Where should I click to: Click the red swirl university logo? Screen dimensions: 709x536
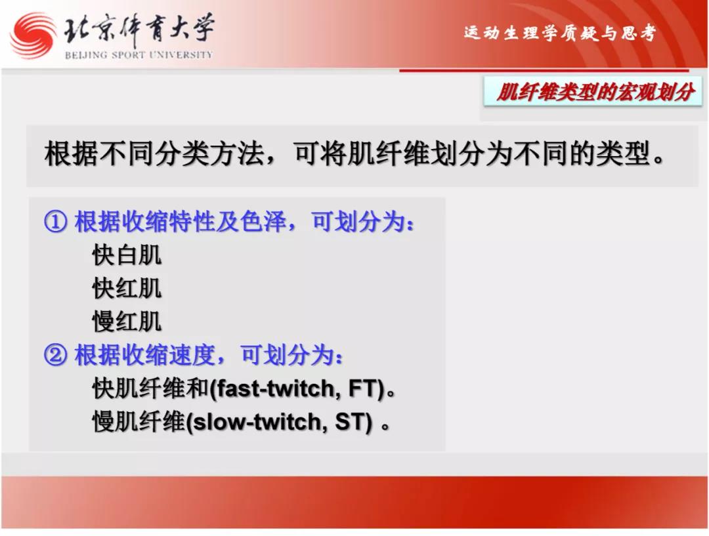coord(33,35)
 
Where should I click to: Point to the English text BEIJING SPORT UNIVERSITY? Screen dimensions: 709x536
coord(139,55)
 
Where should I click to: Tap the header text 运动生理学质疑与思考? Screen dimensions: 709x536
coord(560,33)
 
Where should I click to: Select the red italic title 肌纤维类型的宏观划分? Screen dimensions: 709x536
coord(595,93)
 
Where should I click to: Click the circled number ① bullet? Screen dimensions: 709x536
coord(56,222)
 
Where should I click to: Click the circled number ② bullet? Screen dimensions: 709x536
coord(56,355)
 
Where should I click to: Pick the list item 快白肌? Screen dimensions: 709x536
coord(127,255)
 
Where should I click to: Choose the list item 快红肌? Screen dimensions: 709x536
coord(127,288)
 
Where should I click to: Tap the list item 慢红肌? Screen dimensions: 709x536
coord(127,321)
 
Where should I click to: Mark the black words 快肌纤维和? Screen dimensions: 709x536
coord(150,388)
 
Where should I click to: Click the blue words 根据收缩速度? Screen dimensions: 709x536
coord(144,355)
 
